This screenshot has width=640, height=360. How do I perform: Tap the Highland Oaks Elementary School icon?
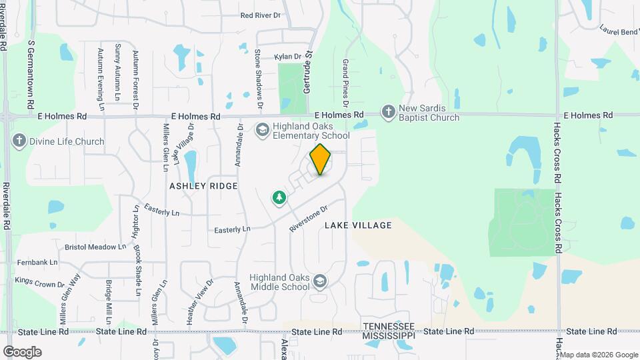(x=262, y=129)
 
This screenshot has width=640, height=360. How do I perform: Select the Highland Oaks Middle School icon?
(x=320, y=282)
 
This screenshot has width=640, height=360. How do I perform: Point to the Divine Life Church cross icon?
(x=19, y=141)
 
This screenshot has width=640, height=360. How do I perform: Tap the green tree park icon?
(x=279, y=197)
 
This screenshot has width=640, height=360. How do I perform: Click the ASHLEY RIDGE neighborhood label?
(x=203, y=186)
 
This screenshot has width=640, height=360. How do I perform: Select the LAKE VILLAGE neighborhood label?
(x=358, y=225)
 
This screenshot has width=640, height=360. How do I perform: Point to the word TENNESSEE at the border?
(x=388, y=326)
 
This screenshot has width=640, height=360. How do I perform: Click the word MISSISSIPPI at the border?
(x=388, y=336)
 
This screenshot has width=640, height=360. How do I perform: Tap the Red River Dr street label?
(x=261, y=15)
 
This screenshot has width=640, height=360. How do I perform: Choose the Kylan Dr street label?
(x=288, y=57)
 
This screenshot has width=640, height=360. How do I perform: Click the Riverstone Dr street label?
(x=309, y=218)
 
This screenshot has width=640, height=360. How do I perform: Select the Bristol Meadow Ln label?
(x=95, y=247)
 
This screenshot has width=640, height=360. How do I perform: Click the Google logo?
(x=22, y=351)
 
